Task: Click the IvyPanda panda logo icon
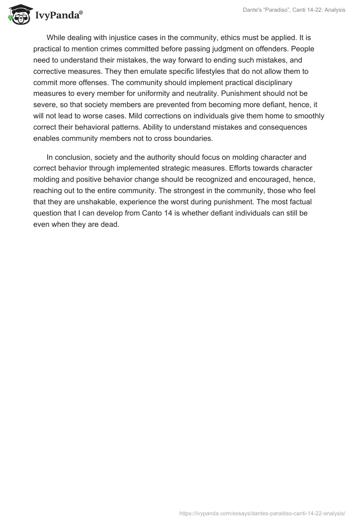point(18,15)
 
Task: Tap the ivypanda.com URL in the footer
point(262,513)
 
